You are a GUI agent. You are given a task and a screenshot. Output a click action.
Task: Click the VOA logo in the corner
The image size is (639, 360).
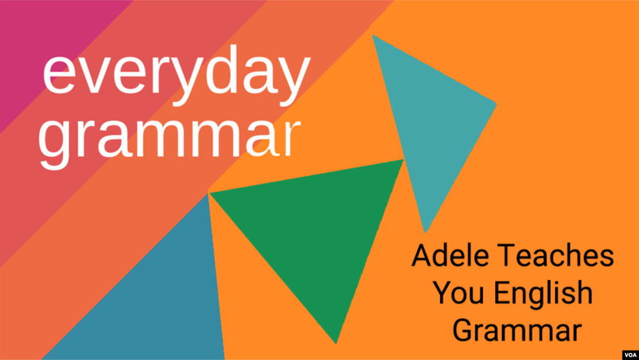coord(630,355)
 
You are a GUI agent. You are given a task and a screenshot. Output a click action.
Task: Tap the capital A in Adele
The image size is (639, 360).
coord(421,256)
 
